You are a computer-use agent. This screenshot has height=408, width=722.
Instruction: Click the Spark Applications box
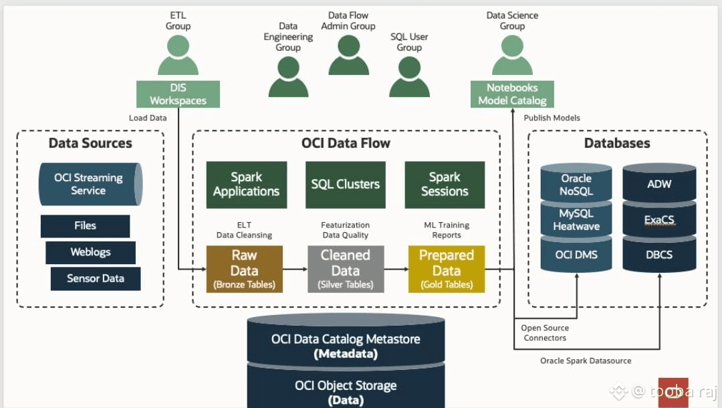246,184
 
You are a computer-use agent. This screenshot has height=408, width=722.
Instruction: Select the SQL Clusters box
345,184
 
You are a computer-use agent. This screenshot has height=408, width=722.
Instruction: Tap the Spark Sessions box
445,184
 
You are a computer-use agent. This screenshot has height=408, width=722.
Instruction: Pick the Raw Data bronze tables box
244,269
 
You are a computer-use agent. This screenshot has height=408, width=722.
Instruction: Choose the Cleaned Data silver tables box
345,269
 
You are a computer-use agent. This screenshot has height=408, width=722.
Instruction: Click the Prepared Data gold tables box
446,269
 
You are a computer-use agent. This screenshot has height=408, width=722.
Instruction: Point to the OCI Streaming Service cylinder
90,184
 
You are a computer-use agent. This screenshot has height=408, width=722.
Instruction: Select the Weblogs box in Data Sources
90,252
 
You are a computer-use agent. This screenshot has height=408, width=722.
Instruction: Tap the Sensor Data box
96,278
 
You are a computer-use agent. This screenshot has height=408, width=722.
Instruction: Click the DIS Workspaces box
178,94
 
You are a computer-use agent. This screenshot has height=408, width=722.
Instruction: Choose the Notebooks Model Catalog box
512,94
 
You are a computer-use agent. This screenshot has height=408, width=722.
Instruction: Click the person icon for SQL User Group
409,78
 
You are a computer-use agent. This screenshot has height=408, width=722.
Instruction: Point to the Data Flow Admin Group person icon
348,56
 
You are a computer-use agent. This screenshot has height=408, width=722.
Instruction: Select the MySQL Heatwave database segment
576,219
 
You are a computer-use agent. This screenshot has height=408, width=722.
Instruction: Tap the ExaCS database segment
658,220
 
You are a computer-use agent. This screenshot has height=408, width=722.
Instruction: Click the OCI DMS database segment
576,255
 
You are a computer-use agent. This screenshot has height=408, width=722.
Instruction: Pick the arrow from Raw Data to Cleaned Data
295,270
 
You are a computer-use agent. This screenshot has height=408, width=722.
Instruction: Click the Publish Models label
552,118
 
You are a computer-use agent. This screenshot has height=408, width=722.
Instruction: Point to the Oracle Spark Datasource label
586,361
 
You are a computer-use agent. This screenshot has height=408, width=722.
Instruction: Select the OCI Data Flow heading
346,143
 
